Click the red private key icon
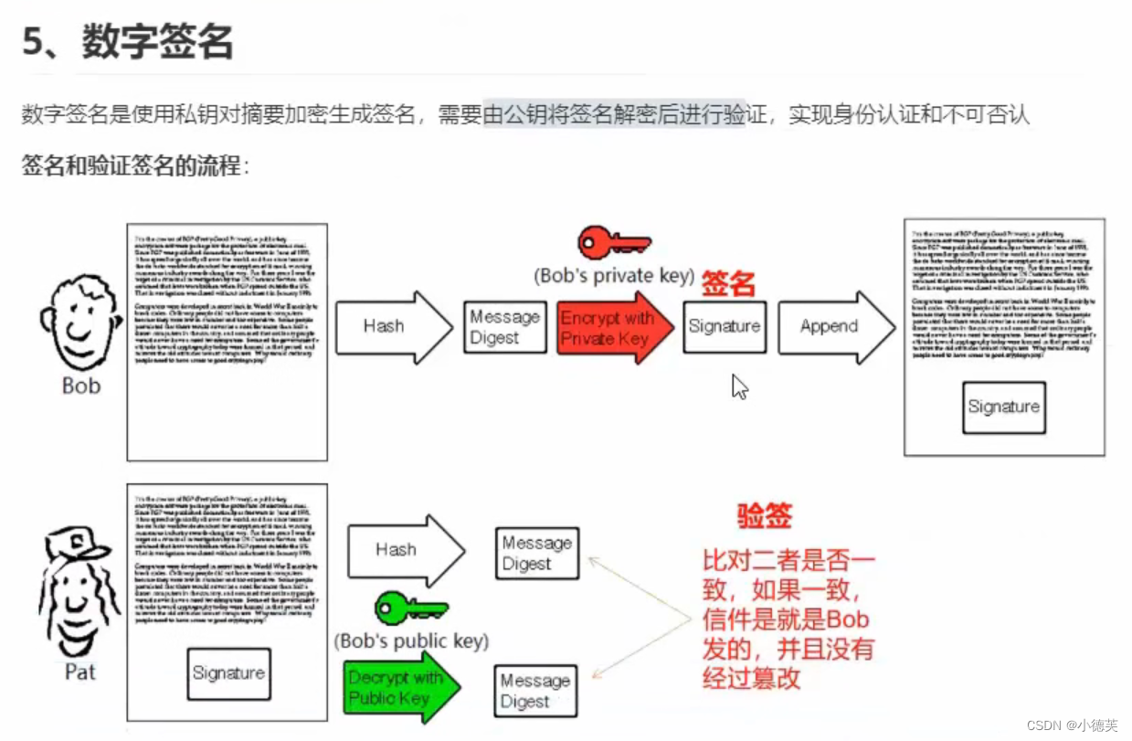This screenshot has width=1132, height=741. (x=614, y=243)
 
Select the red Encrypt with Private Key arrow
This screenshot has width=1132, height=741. (x=608, y=327)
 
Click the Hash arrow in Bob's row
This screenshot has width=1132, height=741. (x=391, y=327)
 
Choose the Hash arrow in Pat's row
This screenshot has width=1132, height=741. (x=403, y=550)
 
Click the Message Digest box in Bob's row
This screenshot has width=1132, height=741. (x=505, y=327)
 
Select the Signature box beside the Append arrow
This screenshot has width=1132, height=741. (x=725, y=326)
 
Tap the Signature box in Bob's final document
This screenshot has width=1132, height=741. (x=1003, y=407)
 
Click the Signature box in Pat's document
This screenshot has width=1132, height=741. (x=228, y=673)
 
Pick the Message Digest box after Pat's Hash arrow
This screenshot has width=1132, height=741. (x=537, y=553)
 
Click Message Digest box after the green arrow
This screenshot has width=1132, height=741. (x=536, y=691)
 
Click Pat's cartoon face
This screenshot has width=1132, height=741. (x=79, y=594)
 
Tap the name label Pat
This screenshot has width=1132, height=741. (x=80, y=672)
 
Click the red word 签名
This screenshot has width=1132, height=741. (x=728, y=284)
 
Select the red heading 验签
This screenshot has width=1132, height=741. (x=765, y=516)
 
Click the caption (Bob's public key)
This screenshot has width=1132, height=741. (x=412, y=640)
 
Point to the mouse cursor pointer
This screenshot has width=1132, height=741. (x=738, y=386)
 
